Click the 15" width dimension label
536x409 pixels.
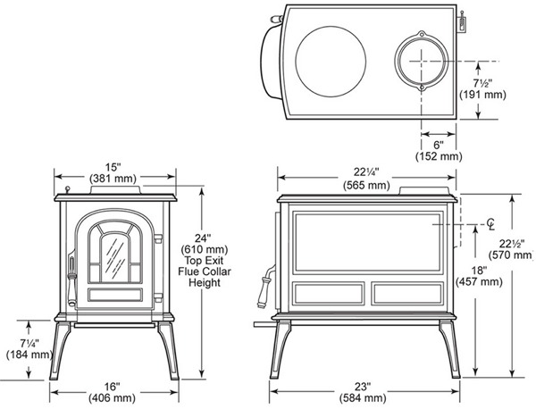[113, 167]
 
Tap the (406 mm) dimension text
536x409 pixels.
[113, 398]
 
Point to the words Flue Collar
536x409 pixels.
[205, 271]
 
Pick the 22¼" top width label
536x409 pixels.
[366, 171]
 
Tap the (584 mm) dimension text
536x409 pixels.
[363, 398]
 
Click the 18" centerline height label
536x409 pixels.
[479, 271]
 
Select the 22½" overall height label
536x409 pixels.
[512, 244]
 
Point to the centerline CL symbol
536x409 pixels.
[490, 224]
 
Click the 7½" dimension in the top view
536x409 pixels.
[482, 83]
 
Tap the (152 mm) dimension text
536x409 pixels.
[439, 156]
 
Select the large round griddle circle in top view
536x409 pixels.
[331, 26]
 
